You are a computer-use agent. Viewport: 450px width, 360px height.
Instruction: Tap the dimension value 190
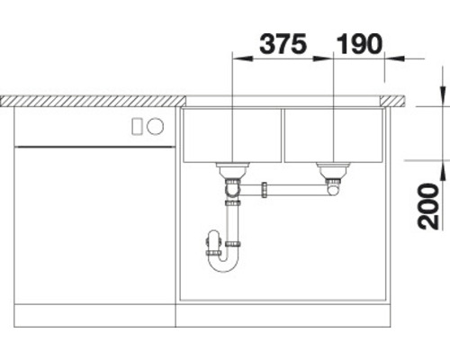359,41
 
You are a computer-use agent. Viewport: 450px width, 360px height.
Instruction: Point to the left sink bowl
232,135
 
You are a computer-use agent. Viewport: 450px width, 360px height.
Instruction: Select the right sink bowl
334,135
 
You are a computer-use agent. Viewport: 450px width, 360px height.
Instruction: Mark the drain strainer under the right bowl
334,168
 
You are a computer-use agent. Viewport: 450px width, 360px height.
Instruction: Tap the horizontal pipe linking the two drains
297,190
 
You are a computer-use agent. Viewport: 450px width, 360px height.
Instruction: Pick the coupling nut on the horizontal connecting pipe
265,190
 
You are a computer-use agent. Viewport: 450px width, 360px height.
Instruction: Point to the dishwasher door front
94,225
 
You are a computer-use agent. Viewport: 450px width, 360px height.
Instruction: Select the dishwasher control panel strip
94,127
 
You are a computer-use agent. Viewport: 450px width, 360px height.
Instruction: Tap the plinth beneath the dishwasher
94,316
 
